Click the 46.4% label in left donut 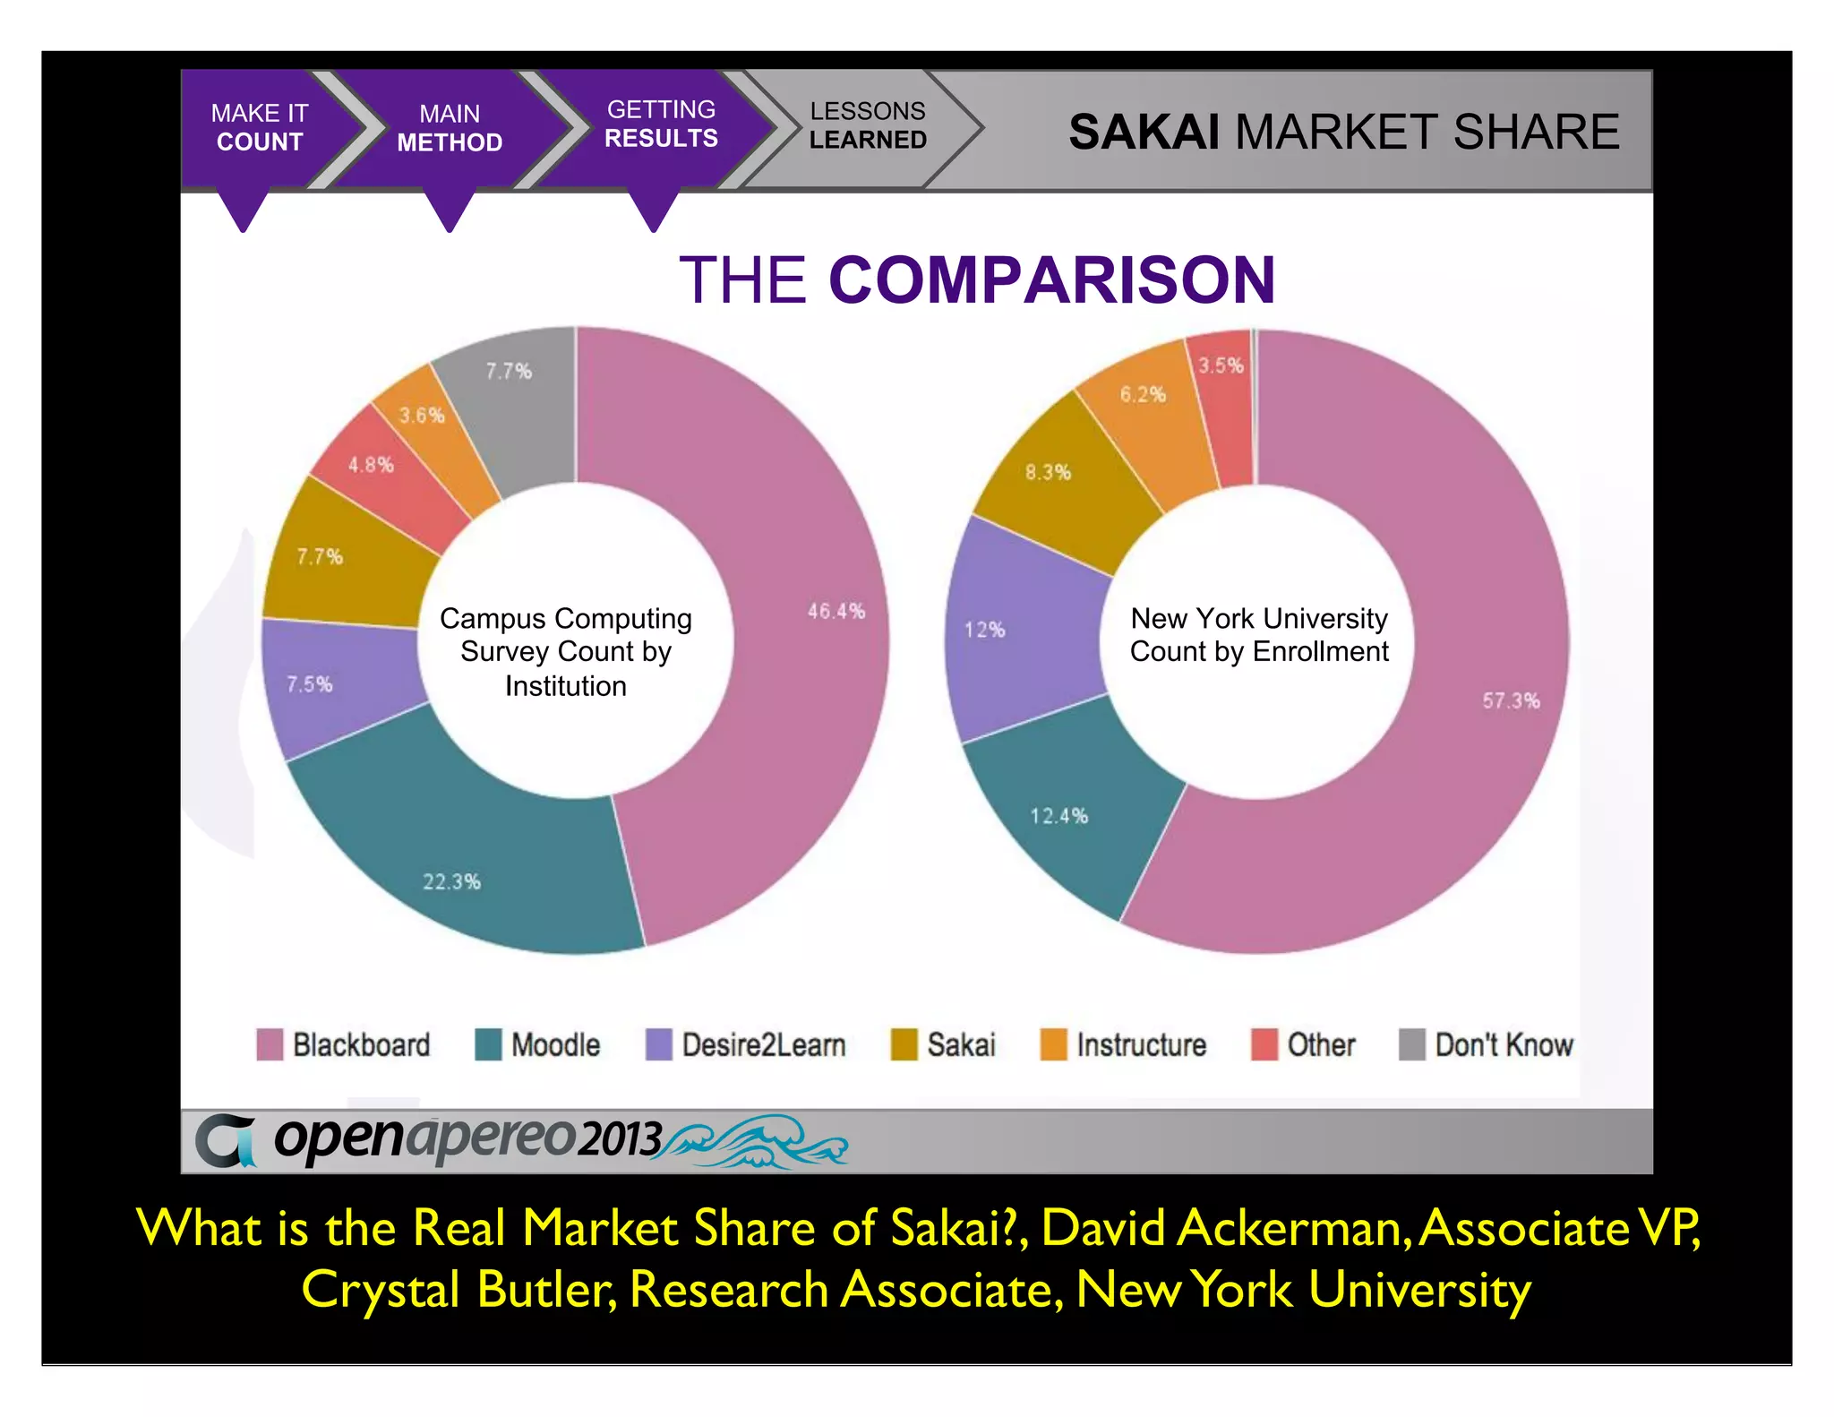click(x=836, y=611)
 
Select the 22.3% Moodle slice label click(x=451, y=881)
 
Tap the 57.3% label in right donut click(x=1511, y=700)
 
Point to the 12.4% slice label click(x=1058, y=816)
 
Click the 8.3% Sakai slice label click(x=1048, y=472)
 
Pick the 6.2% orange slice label click(x=1143, y=394)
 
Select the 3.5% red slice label click(x=1221, y=365)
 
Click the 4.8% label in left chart click(x=371, y=465)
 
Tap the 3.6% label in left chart click(x=422, y=416)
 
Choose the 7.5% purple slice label click(x=310, y=684)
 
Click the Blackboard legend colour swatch click(x=270, y=1044)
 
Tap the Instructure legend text click(x=1141, y=1044)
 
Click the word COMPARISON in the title click(x=1051, y=279)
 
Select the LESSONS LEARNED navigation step click(x=867, y=125)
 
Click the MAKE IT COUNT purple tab click(x=260, y=127)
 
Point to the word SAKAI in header click(x=1144, y=132)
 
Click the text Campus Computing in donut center click(x=565, y=618)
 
